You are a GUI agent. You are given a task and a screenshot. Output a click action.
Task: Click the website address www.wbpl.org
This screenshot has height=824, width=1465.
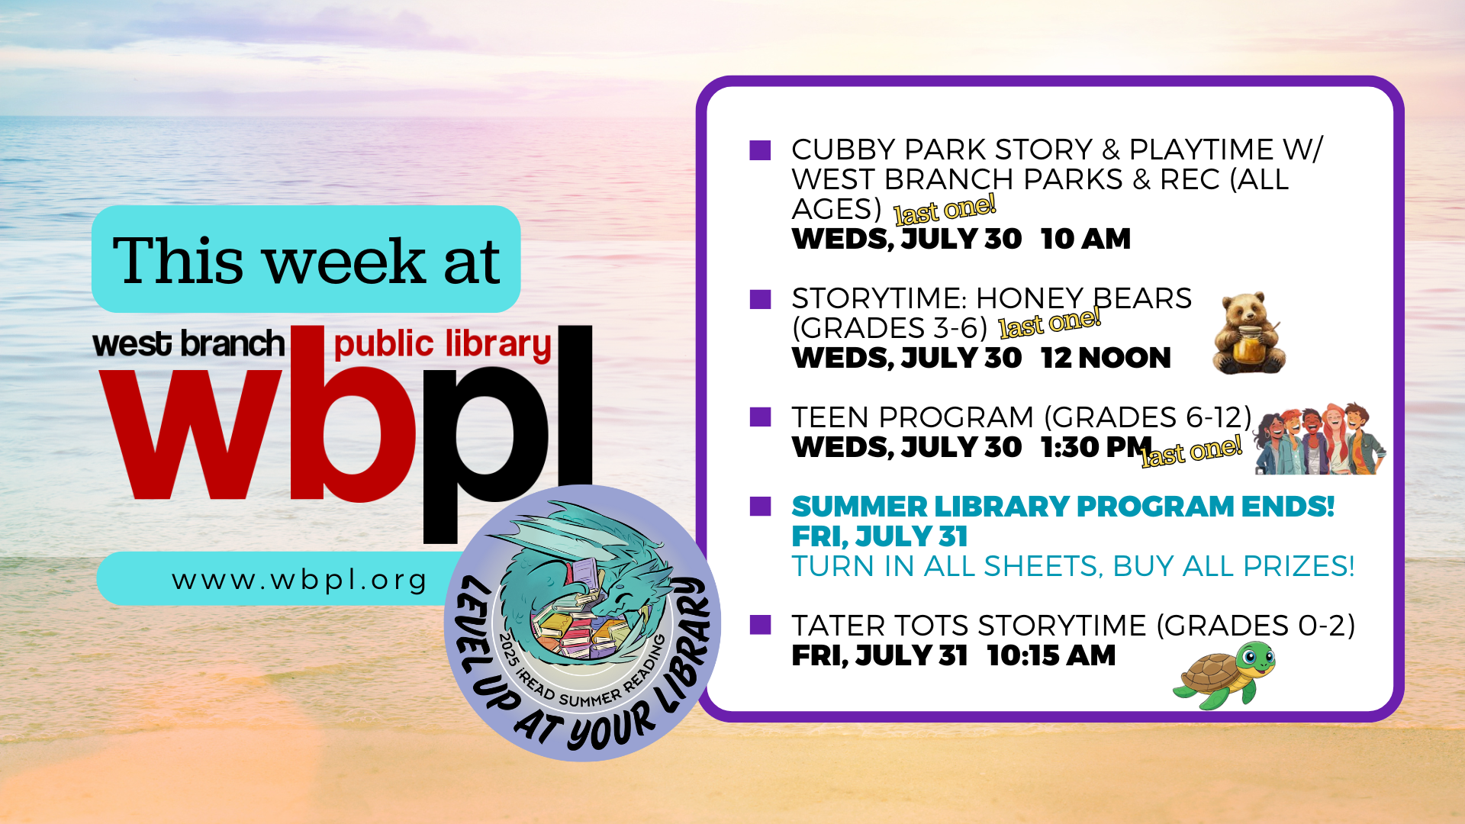pyautogui.click(x=299, y=580)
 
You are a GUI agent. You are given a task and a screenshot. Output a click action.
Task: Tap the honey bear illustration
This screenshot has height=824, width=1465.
pyautogui.click(x=1248, y=333)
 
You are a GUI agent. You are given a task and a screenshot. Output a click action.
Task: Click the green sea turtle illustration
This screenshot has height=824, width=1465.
pyautogui.click(x=1224, y=674)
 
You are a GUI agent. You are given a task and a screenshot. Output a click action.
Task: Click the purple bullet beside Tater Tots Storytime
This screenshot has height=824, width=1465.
pyautogui.click(x=760, y=625)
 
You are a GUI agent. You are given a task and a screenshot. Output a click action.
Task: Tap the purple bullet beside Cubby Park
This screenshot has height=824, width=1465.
pyautogui.click(x=760, y=150)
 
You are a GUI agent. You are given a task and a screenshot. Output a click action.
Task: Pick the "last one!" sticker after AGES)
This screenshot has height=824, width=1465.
pyautogui.click(x=945, y=209)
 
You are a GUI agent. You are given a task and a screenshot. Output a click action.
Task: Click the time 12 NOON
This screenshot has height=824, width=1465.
pyautogui.click(x=1106, y=358)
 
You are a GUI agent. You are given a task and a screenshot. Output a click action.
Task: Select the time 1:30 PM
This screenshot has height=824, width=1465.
pyautogui.click(x=1096, y=447)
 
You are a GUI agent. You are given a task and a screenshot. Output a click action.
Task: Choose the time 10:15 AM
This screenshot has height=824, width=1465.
pyautogui.click(x=1051, y=655)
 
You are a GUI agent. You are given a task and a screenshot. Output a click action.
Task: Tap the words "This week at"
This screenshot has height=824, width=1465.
pyautogui.click(x=306, y=260)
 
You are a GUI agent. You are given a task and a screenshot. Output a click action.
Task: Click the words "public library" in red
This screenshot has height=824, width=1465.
pyautogui.click(x=443, y=345)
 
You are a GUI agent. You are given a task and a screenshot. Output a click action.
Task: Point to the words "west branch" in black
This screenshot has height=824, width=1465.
pyautogui.click(x=188, y=343)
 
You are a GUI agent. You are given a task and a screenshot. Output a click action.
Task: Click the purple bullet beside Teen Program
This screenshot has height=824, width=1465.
pyautogui.click(x=760, y=417)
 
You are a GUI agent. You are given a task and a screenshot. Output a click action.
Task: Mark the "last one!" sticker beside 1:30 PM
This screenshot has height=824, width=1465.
pyautogui.click(x=1192, y=451)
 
